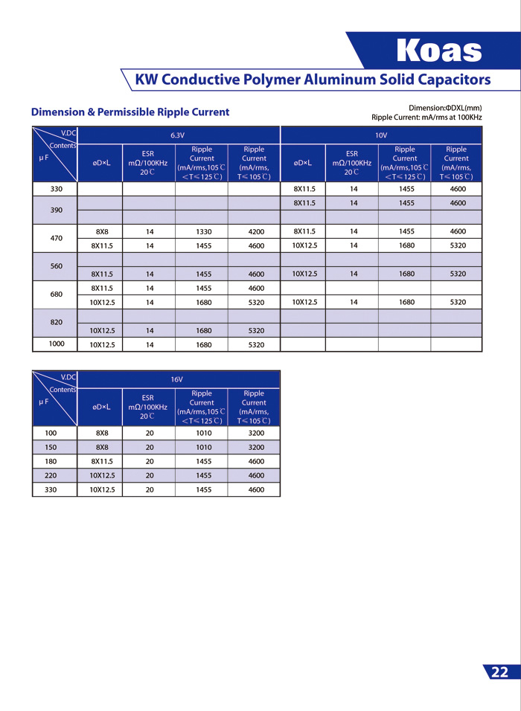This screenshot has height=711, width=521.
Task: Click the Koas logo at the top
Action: point(439,51)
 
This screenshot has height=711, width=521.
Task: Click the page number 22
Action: point(499,672)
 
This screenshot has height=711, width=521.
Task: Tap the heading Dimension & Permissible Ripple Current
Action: point(130,112)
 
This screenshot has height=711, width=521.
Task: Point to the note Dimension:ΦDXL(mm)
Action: point(445,108)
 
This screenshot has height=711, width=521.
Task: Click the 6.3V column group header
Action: point(177,135)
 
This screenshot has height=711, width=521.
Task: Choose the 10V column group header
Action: point(381,135)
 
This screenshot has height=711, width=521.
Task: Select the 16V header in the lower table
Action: point(177,379)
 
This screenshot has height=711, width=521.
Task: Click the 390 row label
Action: point(56,210)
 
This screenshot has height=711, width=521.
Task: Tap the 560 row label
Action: point(56,266)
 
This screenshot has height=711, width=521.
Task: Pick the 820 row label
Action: point(56,323)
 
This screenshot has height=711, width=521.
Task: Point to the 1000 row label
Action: point(56,344)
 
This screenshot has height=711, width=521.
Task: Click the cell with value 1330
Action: point(202,231)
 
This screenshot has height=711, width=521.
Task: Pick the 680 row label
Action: point(56,295)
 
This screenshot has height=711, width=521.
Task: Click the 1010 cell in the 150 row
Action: point(202,447)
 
